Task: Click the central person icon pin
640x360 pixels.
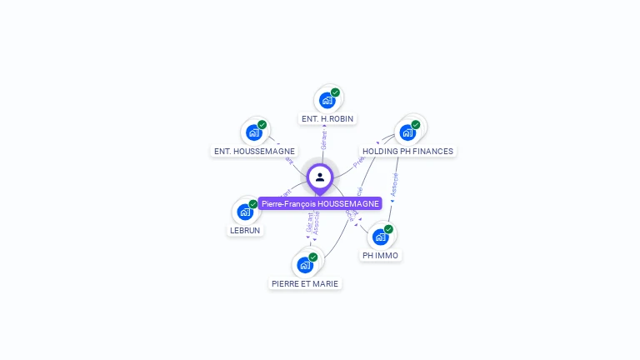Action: click(x=320, y=177)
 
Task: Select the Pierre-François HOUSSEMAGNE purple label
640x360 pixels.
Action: click(x=320, y=203)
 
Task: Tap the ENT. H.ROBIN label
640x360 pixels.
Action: click(x=327, y=119)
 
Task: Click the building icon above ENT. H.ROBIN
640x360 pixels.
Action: click(x=327, y=100)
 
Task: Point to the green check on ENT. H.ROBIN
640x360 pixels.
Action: click(x=335, y=92)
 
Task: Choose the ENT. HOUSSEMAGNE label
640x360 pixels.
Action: click(x=254, y=152)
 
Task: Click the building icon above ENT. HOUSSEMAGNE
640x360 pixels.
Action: click(x=254, y=132)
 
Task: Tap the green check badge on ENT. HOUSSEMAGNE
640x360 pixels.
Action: click(x=262, y=125)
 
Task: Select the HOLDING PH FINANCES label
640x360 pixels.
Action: click(x=408, y=152)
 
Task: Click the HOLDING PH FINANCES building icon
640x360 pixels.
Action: click(x=407, y=132)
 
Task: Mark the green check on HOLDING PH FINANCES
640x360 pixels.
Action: click(x=415, y=125)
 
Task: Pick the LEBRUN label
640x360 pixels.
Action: click(x=245, y=230)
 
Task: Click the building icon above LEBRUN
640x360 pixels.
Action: click(x=245, y=212)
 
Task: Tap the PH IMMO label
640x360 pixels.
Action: click(x=380, y=255)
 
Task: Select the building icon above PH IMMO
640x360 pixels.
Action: click(x=381, y=237)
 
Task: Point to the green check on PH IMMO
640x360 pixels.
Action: click(x=388, y=229)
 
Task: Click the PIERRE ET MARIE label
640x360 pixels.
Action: click(x=306, y=283)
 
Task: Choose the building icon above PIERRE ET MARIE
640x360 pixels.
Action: click(x=305, y=265)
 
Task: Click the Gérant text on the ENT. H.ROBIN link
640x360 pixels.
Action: click(x=324, y=140)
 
